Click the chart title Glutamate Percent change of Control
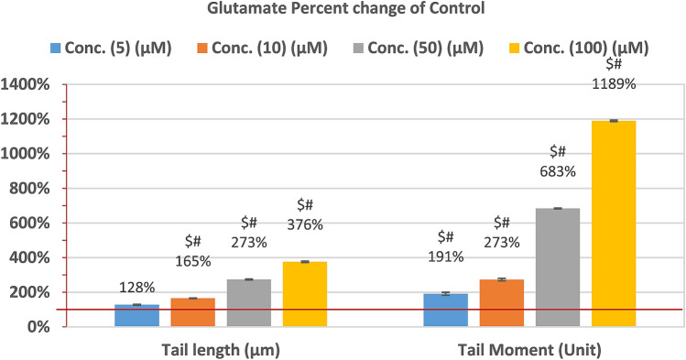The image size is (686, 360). (343, 11)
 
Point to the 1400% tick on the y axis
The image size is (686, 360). (31, 85)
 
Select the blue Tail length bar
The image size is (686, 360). (136, 315)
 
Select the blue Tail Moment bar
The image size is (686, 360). (445, 310)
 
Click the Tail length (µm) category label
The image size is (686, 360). (221, 349)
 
